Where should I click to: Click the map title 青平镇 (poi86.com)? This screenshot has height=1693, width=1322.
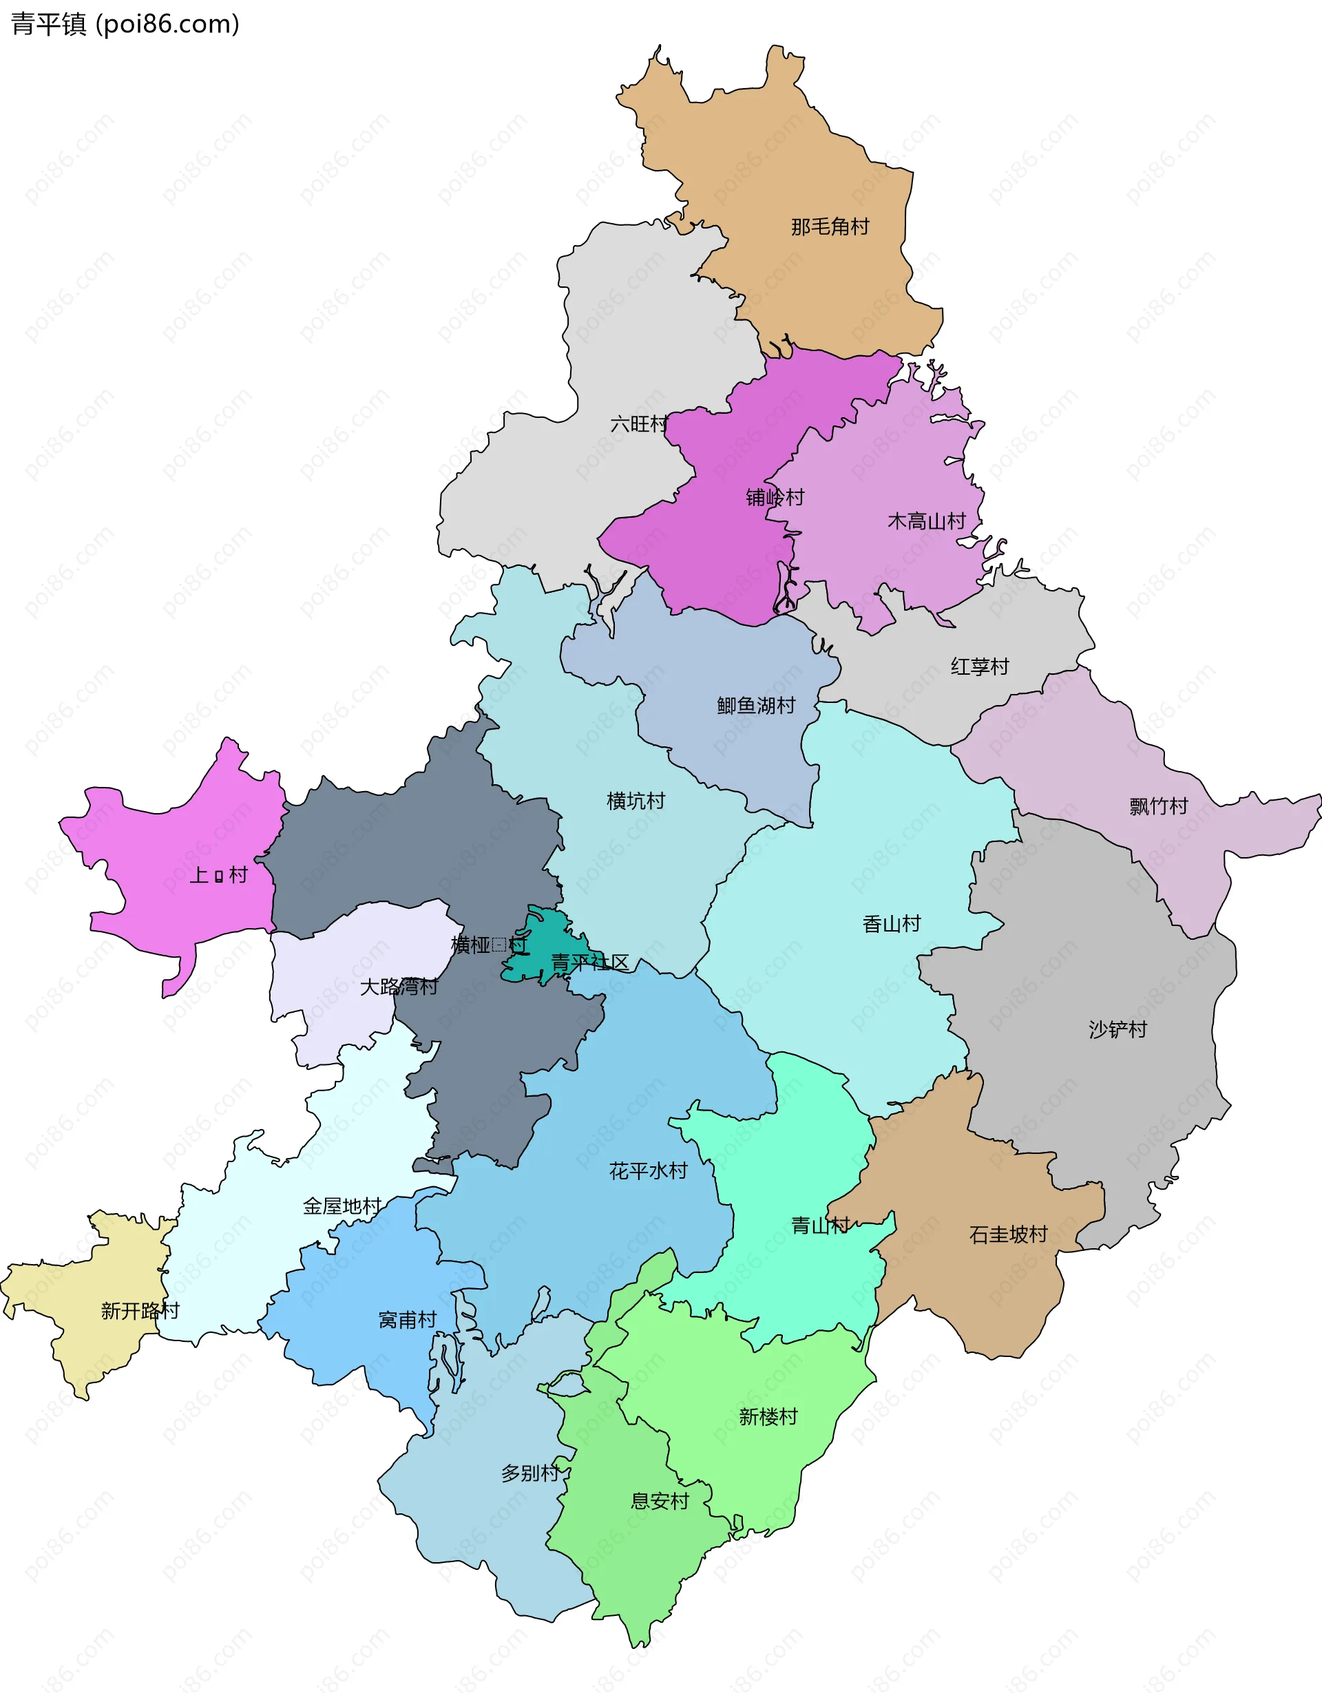click(125, 24)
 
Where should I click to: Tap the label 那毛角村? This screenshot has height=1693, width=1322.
click(830, 227)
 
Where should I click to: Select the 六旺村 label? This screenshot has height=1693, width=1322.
click(638, 424)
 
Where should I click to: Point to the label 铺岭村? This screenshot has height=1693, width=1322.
click(775, 497)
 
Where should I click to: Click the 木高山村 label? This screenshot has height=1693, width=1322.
click(926, 521)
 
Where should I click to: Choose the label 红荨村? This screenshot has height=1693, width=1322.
click(979, 666)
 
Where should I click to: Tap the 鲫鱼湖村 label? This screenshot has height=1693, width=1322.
click(756, 706)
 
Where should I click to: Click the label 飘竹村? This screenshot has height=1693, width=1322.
click(1158, 806)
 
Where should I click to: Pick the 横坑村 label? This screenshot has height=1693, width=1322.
click(636, 801)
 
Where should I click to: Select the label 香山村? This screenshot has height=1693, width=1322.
click(892, 924)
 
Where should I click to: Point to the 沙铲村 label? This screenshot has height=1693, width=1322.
click(1118, 1029)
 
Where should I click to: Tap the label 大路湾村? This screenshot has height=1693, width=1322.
click(399, 987)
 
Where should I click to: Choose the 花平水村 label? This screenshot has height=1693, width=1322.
click(648, 1170)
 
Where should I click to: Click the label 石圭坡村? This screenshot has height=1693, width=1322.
click(1008, 1234)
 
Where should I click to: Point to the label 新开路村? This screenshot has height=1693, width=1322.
click(140, 1311)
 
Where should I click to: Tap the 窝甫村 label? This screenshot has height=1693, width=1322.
click(408, 1319)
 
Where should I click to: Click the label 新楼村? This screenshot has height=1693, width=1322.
click(768, 1417)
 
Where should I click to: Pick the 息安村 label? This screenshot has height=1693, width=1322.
click(660, 1502)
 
